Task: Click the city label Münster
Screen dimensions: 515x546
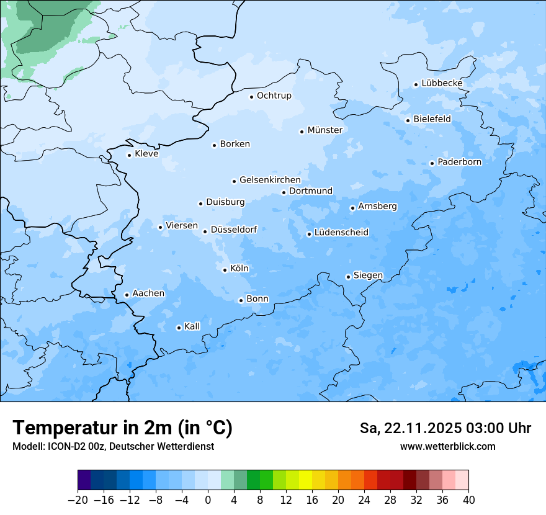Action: point(324,130)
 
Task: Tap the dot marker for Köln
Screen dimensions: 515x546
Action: point(225,270)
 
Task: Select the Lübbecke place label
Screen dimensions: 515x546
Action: point(442,84)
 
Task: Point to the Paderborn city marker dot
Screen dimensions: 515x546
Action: point(432,163)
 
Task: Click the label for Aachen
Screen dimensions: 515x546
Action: point(148,293)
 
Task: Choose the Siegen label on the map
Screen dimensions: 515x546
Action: point(368,275)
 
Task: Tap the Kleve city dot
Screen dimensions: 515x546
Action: point(129,155)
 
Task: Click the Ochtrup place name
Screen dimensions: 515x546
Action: point(274,96)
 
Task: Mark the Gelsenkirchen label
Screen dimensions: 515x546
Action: point(270,180)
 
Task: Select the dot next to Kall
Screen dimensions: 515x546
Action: point(179,328)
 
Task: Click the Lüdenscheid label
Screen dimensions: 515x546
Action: point(341,233)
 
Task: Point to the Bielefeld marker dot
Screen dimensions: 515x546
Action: point(408,120)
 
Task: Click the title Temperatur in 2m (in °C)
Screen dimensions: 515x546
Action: point(122,428)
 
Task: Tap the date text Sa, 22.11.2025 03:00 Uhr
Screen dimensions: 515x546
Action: point(445,429)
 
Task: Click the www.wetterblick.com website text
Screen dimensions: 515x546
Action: point(447,446)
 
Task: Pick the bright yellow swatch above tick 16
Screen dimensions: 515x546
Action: point(305,480)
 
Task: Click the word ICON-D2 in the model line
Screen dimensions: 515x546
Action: point(63,447)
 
